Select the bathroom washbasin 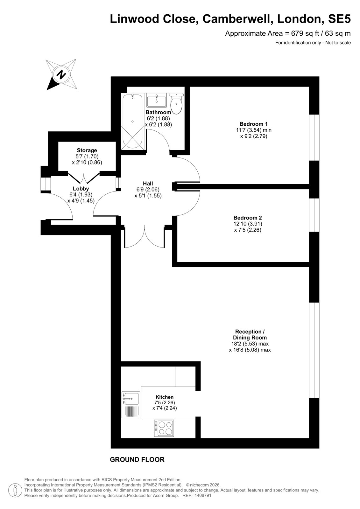pos(157,100)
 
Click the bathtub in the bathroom pos(133,122)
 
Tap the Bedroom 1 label pos(254,124)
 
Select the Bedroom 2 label pos(248,218)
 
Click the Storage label pos(87,150)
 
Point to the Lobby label pos(81,189)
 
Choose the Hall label pos(148,183)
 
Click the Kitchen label pos(165,397)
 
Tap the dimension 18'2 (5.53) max pos(250,344)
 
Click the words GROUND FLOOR pos(137,459)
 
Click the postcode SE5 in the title pos(339,19)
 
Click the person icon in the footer pos(15,491)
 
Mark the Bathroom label pos(158,112)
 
